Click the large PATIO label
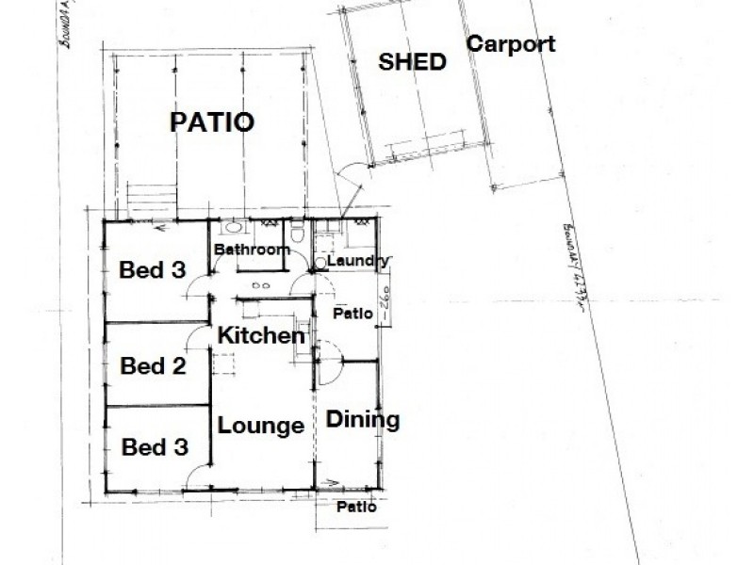click(212, 122)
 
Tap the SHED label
click(412, 62)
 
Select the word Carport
click(511, 44)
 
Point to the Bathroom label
click(249, 250)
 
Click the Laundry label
click(357, 261)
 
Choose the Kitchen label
click(261, 335)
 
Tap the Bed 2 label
click(152, 365)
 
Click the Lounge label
click(261, 425)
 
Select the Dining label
click(364, 420)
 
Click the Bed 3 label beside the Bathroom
click(152, 270)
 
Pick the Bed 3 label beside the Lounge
click(152, 444)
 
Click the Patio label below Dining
click(357, 507)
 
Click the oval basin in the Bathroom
click(229, 229)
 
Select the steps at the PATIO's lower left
click(151, 198)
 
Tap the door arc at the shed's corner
click(351, 177)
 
